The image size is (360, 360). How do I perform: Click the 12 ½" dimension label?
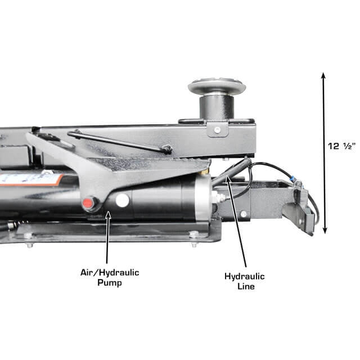342,146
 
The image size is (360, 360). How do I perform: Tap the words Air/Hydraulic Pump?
109,277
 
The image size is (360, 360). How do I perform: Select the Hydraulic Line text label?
244,281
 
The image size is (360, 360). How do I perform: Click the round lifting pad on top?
217,87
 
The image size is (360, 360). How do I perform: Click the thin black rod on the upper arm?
118,142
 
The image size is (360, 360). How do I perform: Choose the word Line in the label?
245,286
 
